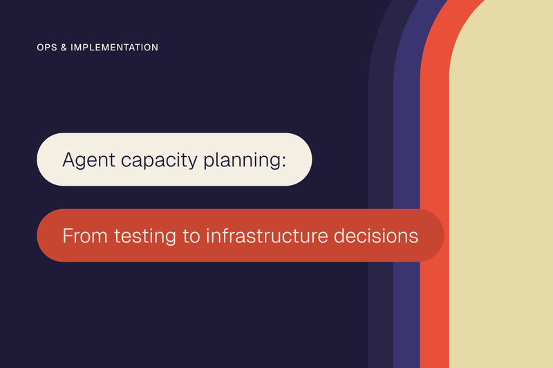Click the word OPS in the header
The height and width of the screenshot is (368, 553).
point(47,48)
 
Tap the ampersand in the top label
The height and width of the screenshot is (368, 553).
point(64,48)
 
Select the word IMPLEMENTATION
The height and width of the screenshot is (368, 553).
point(115,48)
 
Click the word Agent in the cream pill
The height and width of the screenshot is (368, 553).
point(89,161)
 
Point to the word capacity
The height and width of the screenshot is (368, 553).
point(160,161)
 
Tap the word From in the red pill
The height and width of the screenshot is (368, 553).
point(85,235)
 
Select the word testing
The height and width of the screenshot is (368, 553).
point(145,237)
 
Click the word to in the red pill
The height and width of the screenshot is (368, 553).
point(191,236)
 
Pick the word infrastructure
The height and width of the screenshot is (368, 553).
point(267,235)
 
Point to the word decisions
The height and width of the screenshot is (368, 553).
point(376,235)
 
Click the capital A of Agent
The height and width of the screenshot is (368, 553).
point(69,159)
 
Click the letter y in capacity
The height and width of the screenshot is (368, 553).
point(192,162)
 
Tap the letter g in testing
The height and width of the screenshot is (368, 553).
point(170,238)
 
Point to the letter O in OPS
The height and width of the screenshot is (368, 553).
point(40,48)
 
